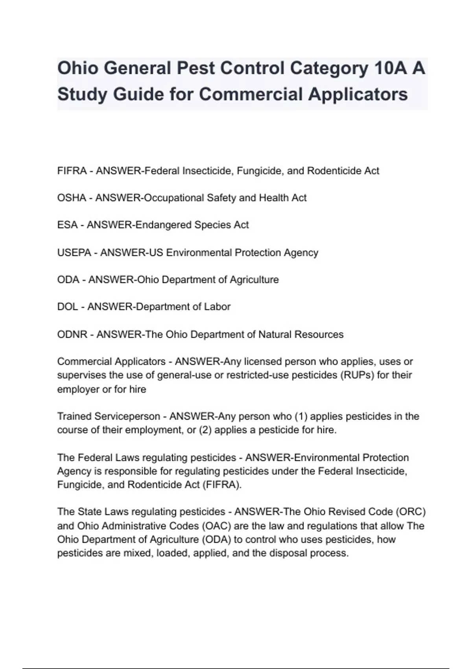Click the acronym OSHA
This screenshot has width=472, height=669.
72,198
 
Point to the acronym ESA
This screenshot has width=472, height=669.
67,225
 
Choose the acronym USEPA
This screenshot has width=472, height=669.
74,252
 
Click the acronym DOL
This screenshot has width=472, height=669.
67,307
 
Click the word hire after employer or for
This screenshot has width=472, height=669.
137,389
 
